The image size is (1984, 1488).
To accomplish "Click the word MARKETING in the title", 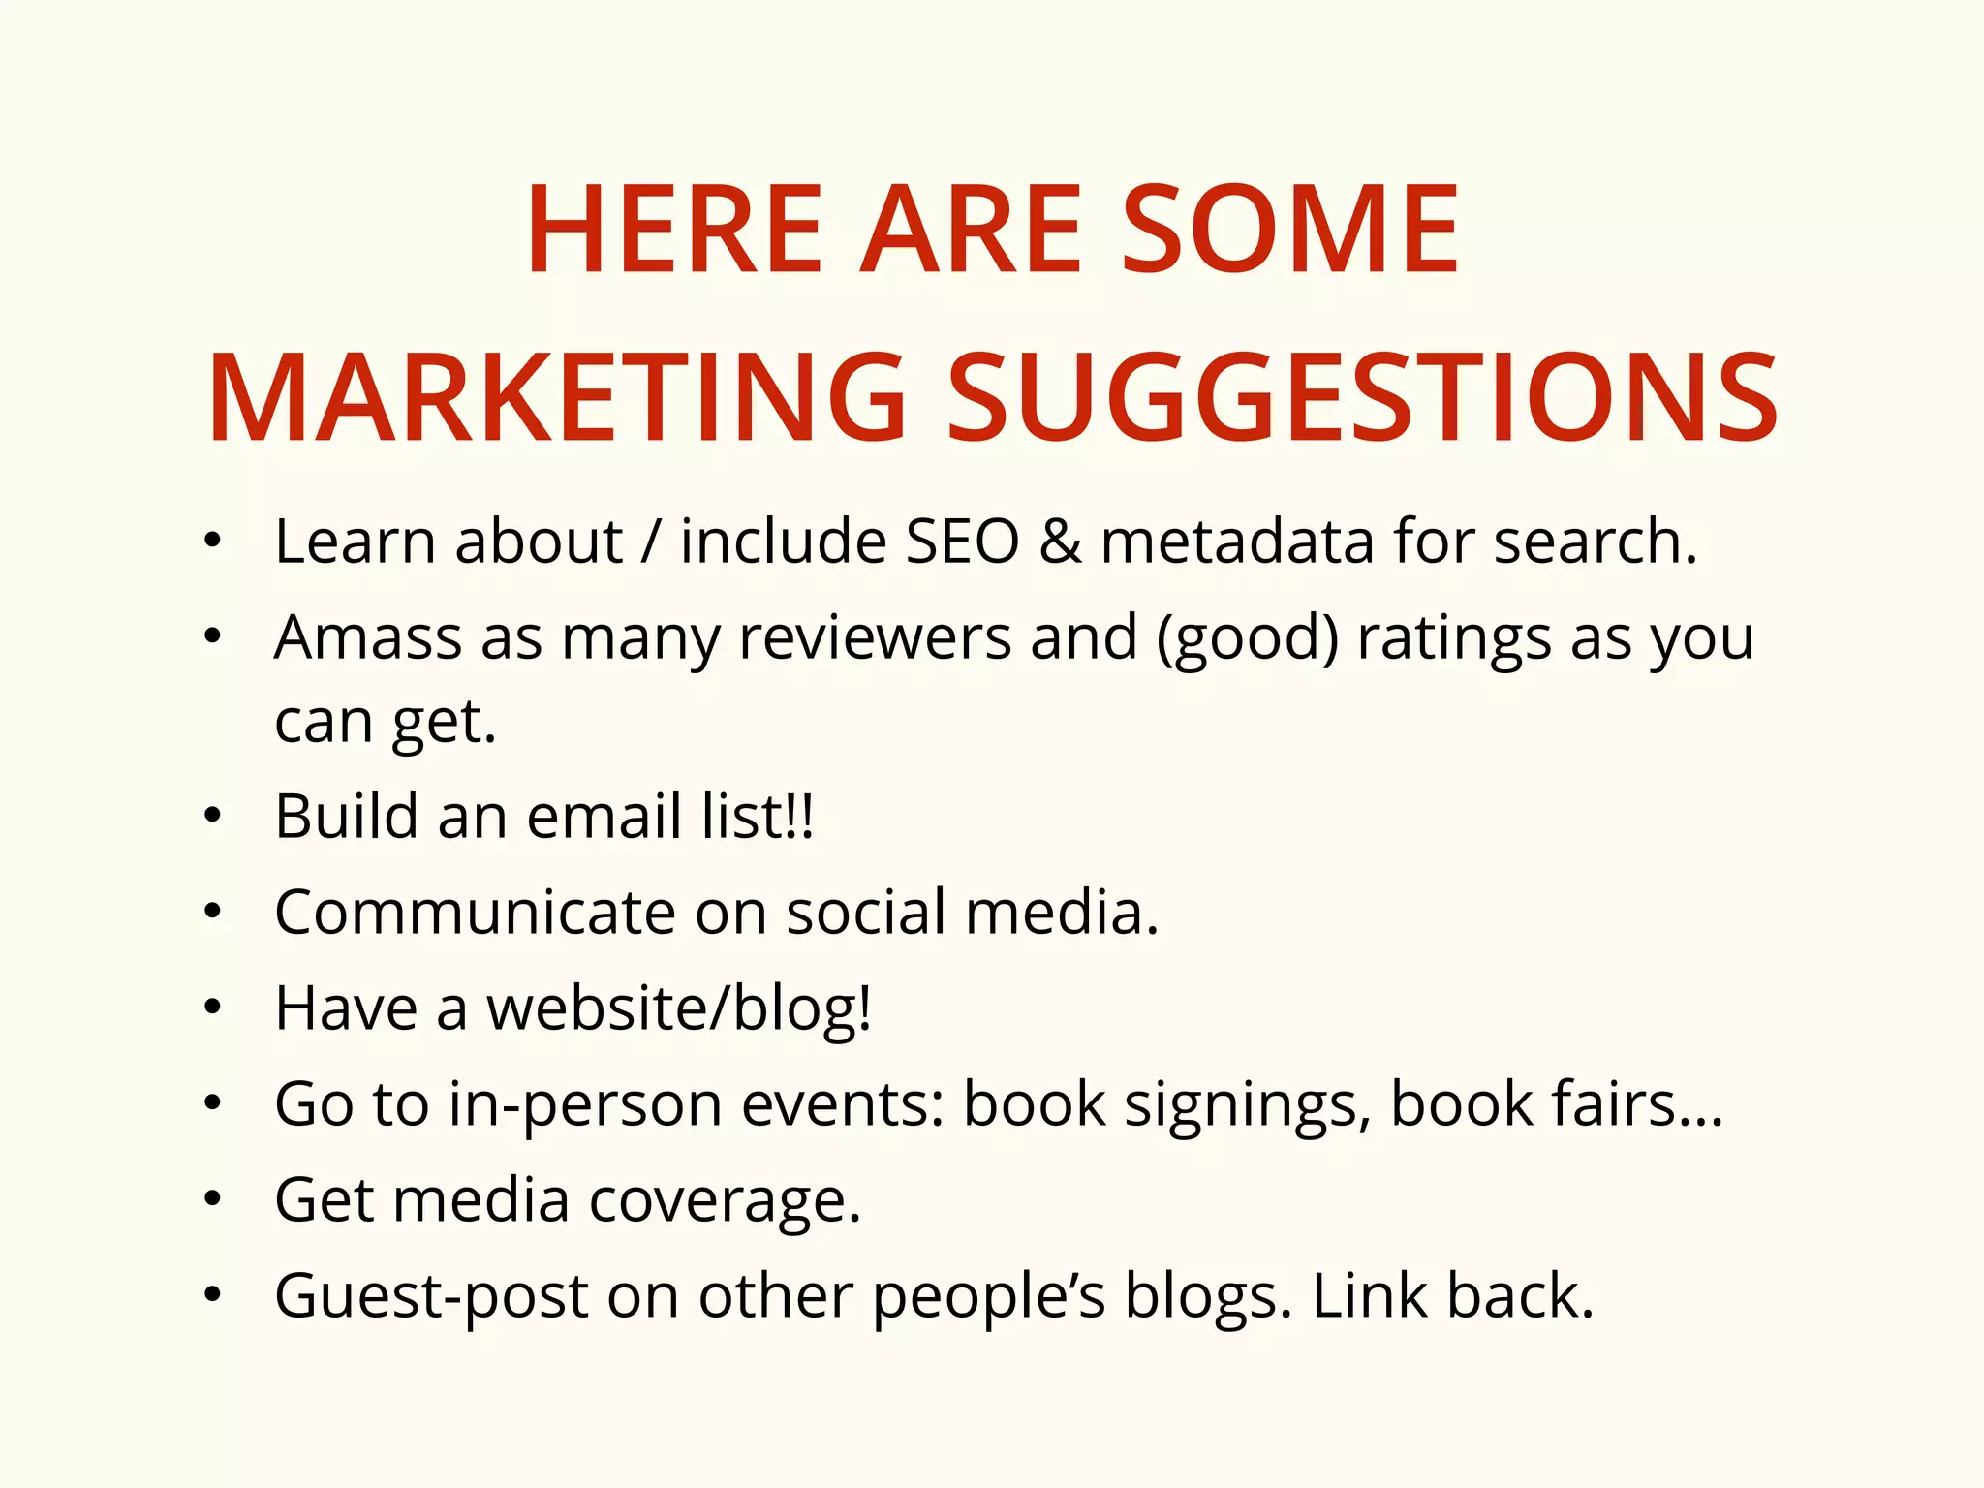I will point(557,399).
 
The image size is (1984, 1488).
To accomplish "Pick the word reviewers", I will point(875,639).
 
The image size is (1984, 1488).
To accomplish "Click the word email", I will point(604,816).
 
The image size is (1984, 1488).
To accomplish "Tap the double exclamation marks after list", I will point(800,816).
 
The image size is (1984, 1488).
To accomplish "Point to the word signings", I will point(1248,1104).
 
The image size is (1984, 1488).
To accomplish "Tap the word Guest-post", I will point(431,1296).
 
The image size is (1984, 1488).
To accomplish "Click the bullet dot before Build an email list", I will point(213,817).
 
